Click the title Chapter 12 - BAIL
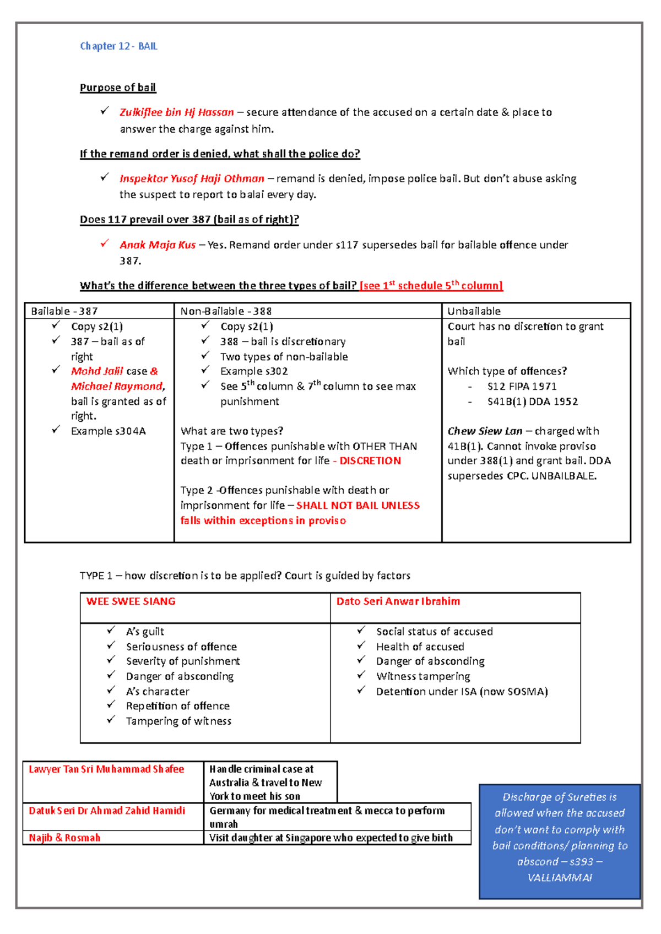pos(118,46)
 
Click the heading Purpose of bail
pos(118,88)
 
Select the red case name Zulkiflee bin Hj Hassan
pos(177,112)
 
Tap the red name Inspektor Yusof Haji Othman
pos(192,178)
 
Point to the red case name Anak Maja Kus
pos(158,245)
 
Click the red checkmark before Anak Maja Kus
pos(104,243)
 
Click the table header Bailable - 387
pos(64,311)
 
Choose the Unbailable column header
pos(474,311)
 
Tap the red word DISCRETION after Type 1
pos(370,461)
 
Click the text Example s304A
pos(108,431)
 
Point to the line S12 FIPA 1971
pos(522,387)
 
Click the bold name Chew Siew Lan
pos(485,431)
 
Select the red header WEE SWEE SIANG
pos(131,601)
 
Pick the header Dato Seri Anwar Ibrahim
pos(398,601)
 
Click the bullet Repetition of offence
pos(177,706)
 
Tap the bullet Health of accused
pos(420,647)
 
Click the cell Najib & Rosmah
pos(64,838)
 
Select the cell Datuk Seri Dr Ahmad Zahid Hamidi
pos(107,811)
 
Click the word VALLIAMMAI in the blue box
pos(560,878)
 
